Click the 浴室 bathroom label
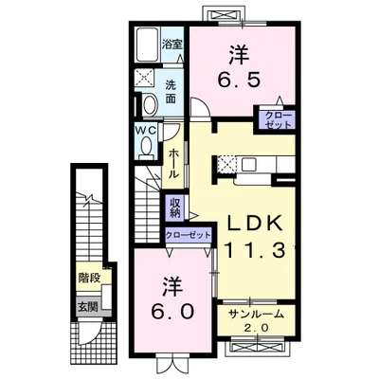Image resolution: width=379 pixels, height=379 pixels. pyautogui.click(x=172, y=44)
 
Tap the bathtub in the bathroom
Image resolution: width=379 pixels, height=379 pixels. pyautogui.click(x=148, y=45)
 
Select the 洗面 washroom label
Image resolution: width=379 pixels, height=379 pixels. pyautogui.click(x=171, y=92)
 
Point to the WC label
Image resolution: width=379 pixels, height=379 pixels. pyautogui.click(x=146, y=130)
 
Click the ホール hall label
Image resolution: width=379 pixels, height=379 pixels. pyautogui.click(x=174, y=164)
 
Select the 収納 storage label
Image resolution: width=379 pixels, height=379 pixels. pyautogui.click(x=174, y=208)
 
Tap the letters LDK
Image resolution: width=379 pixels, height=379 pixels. pyautogui.click(x=255, y=225)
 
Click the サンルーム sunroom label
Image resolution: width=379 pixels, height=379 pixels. pyautogui.click(x=256, y=315)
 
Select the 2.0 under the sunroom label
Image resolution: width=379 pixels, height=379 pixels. pyautogui.click(x=256, y=328)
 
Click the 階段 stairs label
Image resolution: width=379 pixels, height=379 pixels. pyautogui.click(x=89, y=278)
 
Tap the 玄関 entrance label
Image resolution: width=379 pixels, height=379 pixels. pyautogui.click(x=87, y=306)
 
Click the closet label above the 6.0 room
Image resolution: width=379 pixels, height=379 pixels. pyautogui.click(x=188, y=235)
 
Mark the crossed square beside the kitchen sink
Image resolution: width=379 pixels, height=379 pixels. pyautogui.click(x=226, y=164)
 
